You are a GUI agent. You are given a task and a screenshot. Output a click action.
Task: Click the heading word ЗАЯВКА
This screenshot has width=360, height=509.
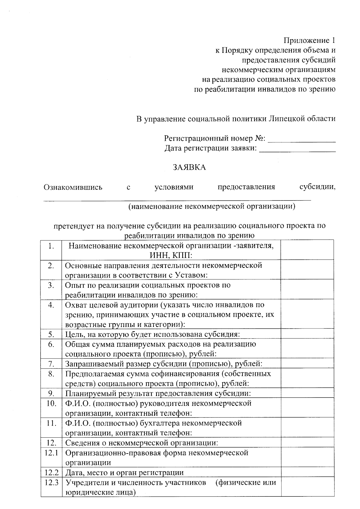pyautogui.click(x=189, y=167)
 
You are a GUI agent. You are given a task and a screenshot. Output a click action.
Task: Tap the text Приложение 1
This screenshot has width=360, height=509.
pyautogui.click(x=309, y=40)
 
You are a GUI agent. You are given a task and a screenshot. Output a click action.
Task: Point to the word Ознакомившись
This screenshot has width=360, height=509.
pyautogui.click(x=73, y=187)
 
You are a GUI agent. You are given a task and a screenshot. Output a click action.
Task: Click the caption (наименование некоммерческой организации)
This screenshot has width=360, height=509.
pyautogui.click(x=212, y=206)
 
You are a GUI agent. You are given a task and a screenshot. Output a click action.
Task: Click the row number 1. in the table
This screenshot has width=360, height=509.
pyautogui.click(x=51, y=246)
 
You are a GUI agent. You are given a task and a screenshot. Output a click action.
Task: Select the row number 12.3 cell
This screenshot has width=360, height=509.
pyautogui.click(x=51, y=483)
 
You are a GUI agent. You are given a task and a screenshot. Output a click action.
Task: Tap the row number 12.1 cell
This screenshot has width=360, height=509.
pyautogui.click(x=51, y=453)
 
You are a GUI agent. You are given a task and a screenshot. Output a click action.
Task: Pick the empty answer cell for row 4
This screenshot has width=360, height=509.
pyautogui.click(x=307, y=314)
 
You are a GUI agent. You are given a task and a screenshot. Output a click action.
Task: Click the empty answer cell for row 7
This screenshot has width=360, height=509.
pyautogui.click(x=307, y=364)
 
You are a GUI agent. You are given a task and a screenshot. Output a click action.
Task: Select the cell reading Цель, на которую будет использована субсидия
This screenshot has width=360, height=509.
pyautogui.click(x=153, y=335)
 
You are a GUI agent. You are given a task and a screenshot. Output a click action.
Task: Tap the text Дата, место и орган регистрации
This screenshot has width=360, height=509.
pyautogui.click(x=124, y=473)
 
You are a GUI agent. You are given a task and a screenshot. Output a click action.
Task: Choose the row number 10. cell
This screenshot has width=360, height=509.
pyautogui.click(x=51, y=403)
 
